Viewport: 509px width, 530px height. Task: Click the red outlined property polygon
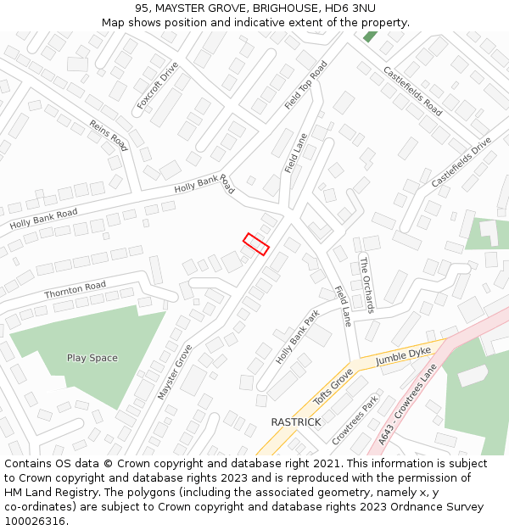tap(256, 243)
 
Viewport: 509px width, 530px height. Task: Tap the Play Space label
tap(92, 358)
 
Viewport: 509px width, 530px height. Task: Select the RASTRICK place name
tap(296, 421)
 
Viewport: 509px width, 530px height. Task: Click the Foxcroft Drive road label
tap(158, 86)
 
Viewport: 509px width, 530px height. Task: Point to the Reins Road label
tap(108, 136)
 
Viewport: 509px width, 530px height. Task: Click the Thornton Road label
tap(76, 289)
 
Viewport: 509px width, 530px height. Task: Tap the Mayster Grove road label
tap(175, 371)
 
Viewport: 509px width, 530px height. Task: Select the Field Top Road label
tap(306, 85)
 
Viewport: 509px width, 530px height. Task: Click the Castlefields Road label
tap(413, 92)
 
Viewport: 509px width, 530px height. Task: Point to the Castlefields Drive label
tap(461, 162)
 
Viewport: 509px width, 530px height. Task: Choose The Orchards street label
tap(366, 284)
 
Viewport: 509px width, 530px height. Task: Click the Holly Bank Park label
tap(297, 337)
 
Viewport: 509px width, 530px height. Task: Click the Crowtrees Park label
tap(355, 419)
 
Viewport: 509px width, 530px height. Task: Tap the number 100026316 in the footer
tap(34, 521)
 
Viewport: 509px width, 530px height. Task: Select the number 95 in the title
tap(142, 8)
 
